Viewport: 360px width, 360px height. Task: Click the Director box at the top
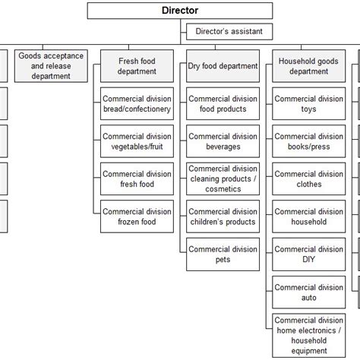tap(179, 11)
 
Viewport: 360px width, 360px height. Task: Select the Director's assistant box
tap(229, 32)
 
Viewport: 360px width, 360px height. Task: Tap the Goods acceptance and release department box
tap(51, 65)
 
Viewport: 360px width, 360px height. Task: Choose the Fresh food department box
tap(137, 65)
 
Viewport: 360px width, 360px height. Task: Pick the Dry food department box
tap(223, 66)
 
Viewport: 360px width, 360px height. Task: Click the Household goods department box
tap(309, 65)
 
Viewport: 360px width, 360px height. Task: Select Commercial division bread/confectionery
tap(137, 103)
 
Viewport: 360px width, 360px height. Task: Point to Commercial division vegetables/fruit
tap(137, 141)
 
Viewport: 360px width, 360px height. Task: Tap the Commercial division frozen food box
tap(137, 216)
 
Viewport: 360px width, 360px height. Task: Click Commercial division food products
tap(223, 103)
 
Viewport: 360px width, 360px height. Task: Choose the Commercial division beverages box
tap(223, 141)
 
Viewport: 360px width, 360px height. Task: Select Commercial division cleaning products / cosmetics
tap(223, 178)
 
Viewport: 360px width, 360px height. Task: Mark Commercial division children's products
tap(223, 216)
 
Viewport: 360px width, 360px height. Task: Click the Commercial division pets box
tap(223, 254)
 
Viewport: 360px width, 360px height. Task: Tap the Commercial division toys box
tap(309, 103)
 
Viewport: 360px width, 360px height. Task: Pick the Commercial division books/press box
tap(309, 141)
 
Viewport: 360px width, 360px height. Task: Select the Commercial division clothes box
tap(309, 178)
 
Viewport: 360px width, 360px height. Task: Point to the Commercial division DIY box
tap(309, 254)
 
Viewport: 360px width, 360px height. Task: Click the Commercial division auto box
tap(309, 292)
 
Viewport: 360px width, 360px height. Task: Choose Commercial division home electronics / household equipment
tap(309, 334)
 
